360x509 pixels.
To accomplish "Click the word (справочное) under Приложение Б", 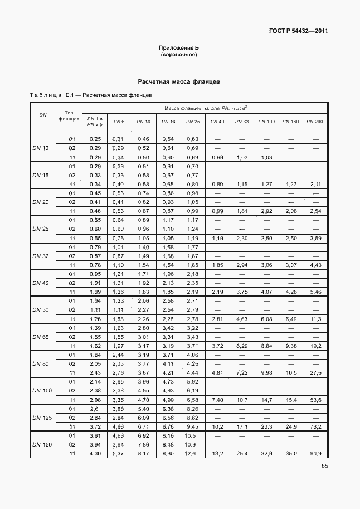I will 179,55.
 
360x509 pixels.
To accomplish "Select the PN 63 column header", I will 241,122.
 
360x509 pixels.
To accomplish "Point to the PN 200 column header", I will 314,122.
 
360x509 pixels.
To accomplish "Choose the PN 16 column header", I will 168,122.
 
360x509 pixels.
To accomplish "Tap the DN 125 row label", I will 42,417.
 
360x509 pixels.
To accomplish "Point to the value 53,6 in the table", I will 315,399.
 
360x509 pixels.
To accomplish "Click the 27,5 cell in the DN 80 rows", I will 315,372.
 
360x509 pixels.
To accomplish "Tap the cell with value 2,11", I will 315,184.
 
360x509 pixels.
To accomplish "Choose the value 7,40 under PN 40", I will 217,399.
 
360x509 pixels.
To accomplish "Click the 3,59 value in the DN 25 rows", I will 315,238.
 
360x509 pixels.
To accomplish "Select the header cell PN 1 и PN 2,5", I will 95,122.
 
